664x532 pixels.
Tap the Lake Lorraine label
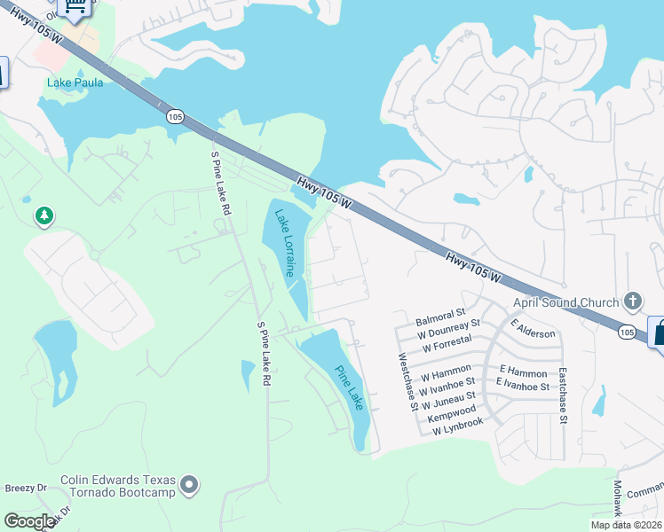(x=284, y=243)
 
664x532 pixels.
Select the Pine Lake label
(x=349, y=387)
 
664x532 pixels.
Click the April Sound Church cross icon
(x=632, y=301)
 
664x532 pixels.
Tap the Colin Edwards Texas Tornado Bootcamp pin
(x=189, y=485)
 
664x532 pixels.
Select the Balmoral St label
(x=440, y=315)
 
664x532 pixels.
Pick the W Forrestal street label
(x=446, y=348)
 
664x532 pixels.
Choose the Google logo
(x=29, y=521)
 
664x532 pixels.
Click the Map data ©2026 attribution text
(x=626, y=525)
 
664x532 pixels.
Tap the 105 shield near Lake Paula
(x=174, y=115)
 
